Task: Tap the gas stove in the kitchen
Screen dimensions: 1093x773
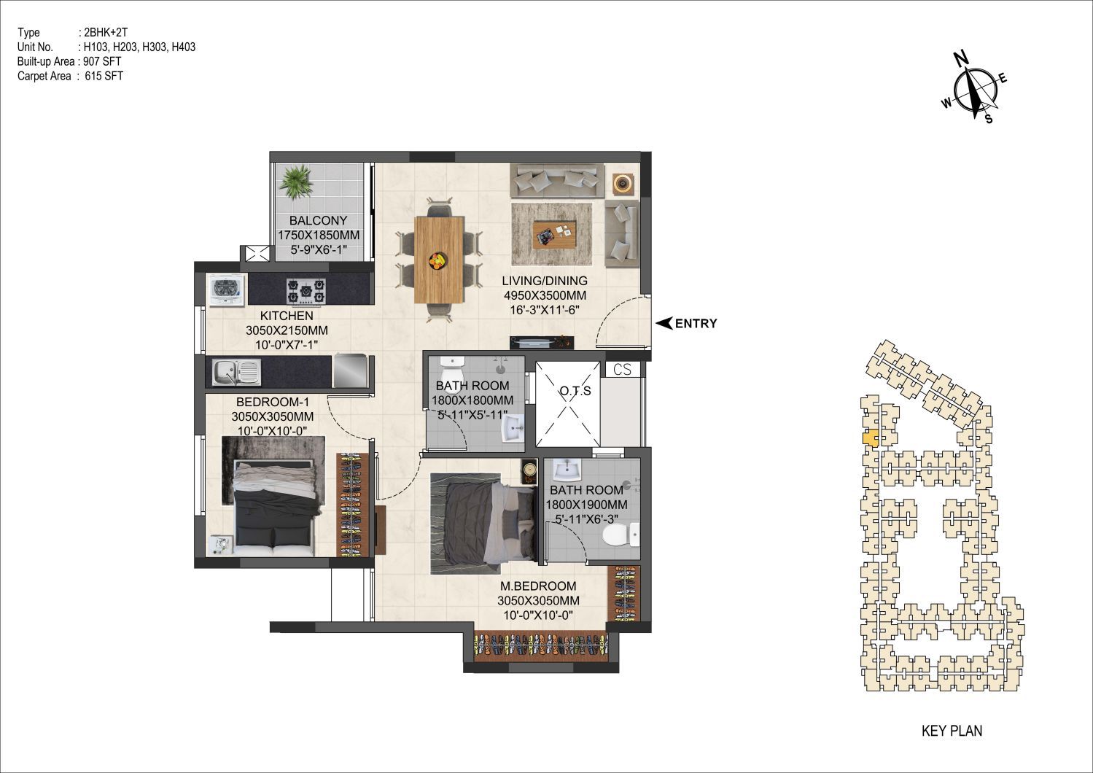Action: (306, 291)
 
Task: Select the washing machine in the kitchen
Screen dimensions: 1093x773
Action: (226, 290)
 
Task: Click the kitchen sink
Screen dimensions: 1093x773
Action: (236, 373)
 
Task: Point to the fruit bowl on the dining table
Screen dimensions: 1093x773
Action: (437, 260)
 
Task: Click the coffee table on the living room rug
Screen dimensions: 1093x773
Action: (554, 234)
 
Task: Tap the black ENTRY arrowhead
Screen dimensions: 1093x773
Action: (664, 323)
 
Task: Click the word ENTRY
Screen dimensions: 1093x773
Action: (696, 324)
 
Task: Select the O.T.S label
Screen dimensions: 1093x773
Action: (575, 390)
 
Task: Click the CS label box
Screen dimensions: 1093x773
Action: (622, 370)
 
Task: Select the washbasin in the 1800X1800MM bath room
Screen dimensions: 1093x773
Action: (513, 428)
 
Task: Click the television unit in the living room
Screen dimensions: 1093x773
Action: (542, 342)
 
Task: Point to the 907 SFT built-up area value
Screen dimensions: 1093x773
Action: (103, 61)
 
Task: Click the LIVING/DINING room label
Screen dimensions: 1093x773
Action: (545, 281)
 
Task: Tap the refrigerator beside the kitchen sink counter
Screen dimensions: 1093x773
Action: (349, 371)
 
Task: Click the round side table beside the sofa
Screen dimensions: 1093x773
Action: (622, 184)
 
